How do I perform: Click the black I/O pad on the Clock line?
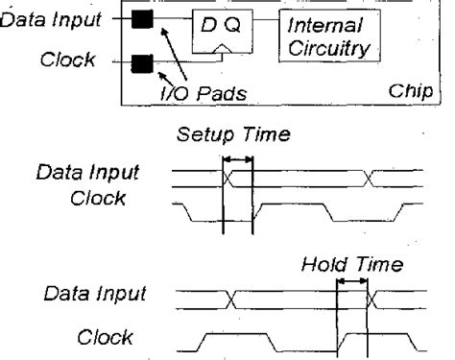[142, 65]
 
